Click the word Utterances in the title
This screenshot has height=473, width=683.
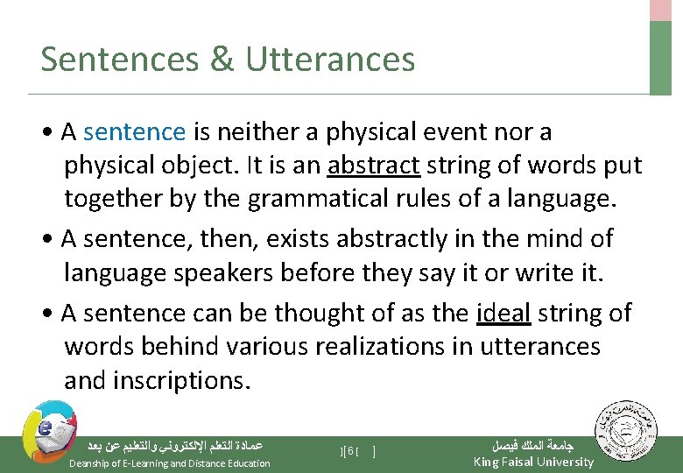coord(330,60)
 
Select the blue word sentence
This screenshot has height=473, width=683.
coord(135,132)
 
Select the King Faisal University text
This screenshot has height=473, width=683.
coord(532,462)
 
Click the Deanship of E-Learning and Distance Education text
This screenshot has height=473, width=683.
coord(170,463)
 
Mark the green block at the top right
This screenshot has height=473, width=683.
coord(661,58)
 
